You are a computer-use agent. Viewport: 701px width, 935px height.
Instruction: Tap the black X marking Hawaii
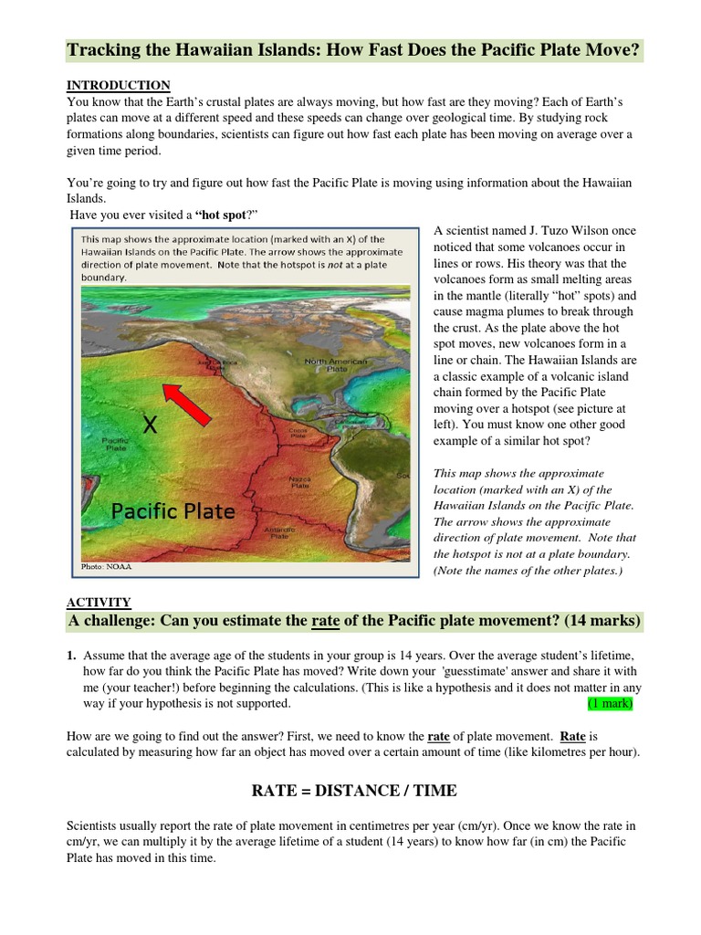tap(151, 424)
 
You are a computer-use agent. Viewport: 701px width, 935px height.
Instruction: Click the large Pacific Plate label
tap(173, 510)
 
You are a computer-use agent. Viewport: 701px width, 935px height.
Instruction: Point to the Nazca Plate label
tap(299, 483)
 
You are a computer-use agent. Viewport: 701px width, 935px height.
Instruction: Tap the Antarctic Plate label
tap(280, 531)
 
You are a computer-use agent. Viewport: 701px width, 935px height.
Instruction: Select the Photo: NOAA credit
tap(106, 566)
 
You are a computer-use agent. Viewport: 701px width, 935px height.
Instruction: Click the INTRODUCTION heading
tap(118, 85)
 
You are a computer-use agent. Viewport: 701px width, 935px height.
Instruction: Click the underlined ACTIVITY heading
tap(99, 602)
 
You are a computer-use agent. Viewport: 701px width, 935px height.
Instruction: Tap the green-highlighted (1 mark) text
tap(610, 704)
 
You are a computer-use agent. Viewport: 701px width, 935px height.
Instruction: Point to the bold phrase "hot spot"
tap(220, 214)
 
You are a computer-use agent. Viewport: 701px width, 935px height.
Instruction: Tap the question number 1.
tap(71, 657)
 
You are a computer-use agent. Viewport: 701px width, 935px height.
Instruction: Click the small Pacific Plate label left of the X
tap(116, 444)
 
